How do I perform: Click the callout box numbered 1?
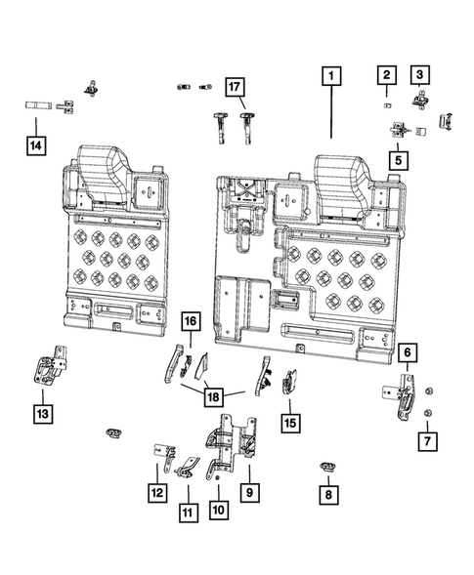coord(332,75)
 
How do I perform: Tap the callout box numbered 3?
coord(420,75)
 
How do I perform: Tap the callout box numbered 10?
coord(217,508)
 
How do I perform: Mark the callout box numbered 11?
coord(186,510)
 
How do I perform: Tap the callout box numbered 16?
coord(191,320)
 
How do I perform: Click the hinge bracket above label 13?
coord(48,371)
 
